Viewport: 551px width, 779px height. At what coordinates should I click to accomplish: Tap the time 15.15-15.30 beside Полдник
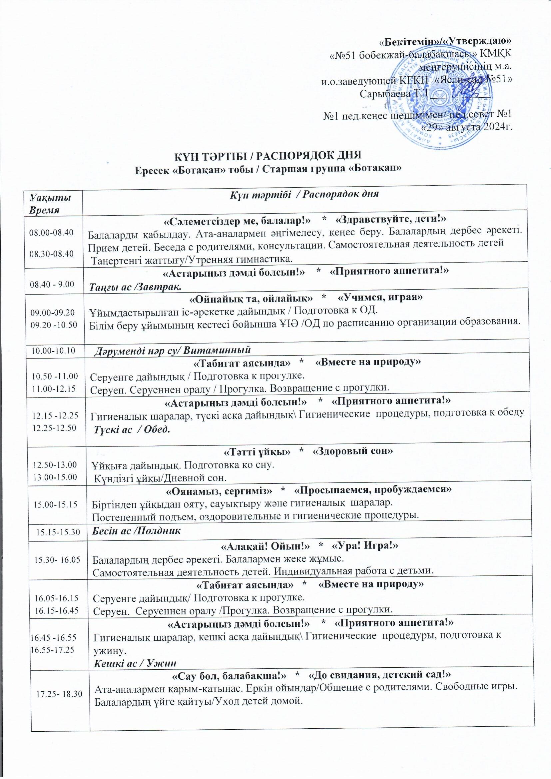click(x=58, y=532)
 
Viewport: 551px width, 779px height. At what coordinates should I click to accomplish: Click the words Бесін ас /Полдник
click(x=136, y=531)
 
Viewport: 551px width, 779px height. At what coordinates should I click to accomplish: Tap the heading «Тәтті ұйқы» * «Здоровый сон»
click(x=308, y=451)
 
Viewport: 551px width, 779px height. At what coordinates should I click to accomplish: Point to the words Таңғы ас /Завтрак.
click(x=135, y=287)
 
